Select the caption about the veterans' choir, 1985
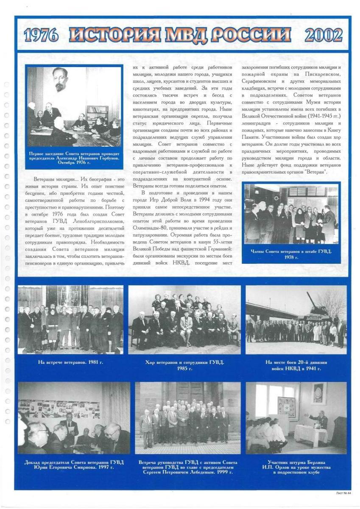pyautogui.click(x=184, y=365)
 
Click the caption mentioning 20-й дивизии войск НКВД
pyautogui.click(x=296, y=365)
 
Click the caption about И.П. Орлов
pyautogui.click(x=296, y=467)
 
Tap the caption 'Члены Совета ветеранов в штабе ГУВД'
pyautogui.click(x=291, y=254)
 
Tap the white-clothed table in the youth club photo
pyautogui.click(x=311, y=434)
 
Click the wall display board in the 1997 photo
pyautogui.click(x=59, y=409)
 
